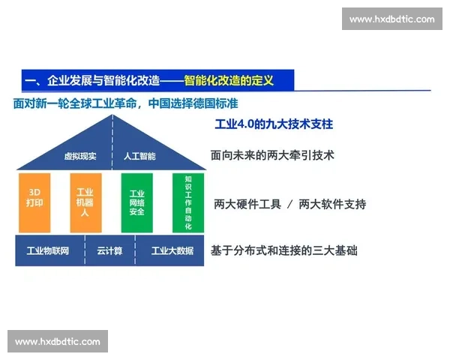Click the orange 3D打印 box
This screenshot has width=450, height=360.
[34, 202]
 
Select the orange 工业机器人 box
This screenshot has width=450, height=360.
[85, 202]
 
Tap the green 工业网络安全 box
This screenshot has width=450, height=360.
[136, 202]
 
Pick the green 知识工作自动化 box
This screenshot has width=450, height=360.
[187, 202]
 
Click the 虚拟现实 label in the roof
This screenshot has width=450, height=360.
[79, 157]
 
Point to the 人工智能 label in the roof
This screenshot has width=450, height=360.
[139, 157]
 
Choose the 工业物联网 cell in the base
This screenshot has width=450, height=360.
[48, 250]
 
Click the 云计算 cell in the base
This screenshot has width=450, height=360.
[109, 250]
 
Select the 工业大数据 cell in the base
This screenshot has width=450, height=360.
[172, 250]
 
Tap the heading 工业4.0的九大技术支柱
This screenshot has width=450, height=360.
[274, 124]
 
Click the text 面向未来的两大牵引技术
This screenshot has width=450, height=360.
[272, 156]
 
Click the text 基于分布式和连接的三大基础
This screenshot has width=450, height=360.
[284, 250]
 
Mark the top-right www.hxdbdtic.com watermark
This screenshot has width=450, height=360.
[392, 19]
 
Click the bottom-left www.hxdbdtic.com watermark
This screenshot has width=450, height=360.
[57, 341]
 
